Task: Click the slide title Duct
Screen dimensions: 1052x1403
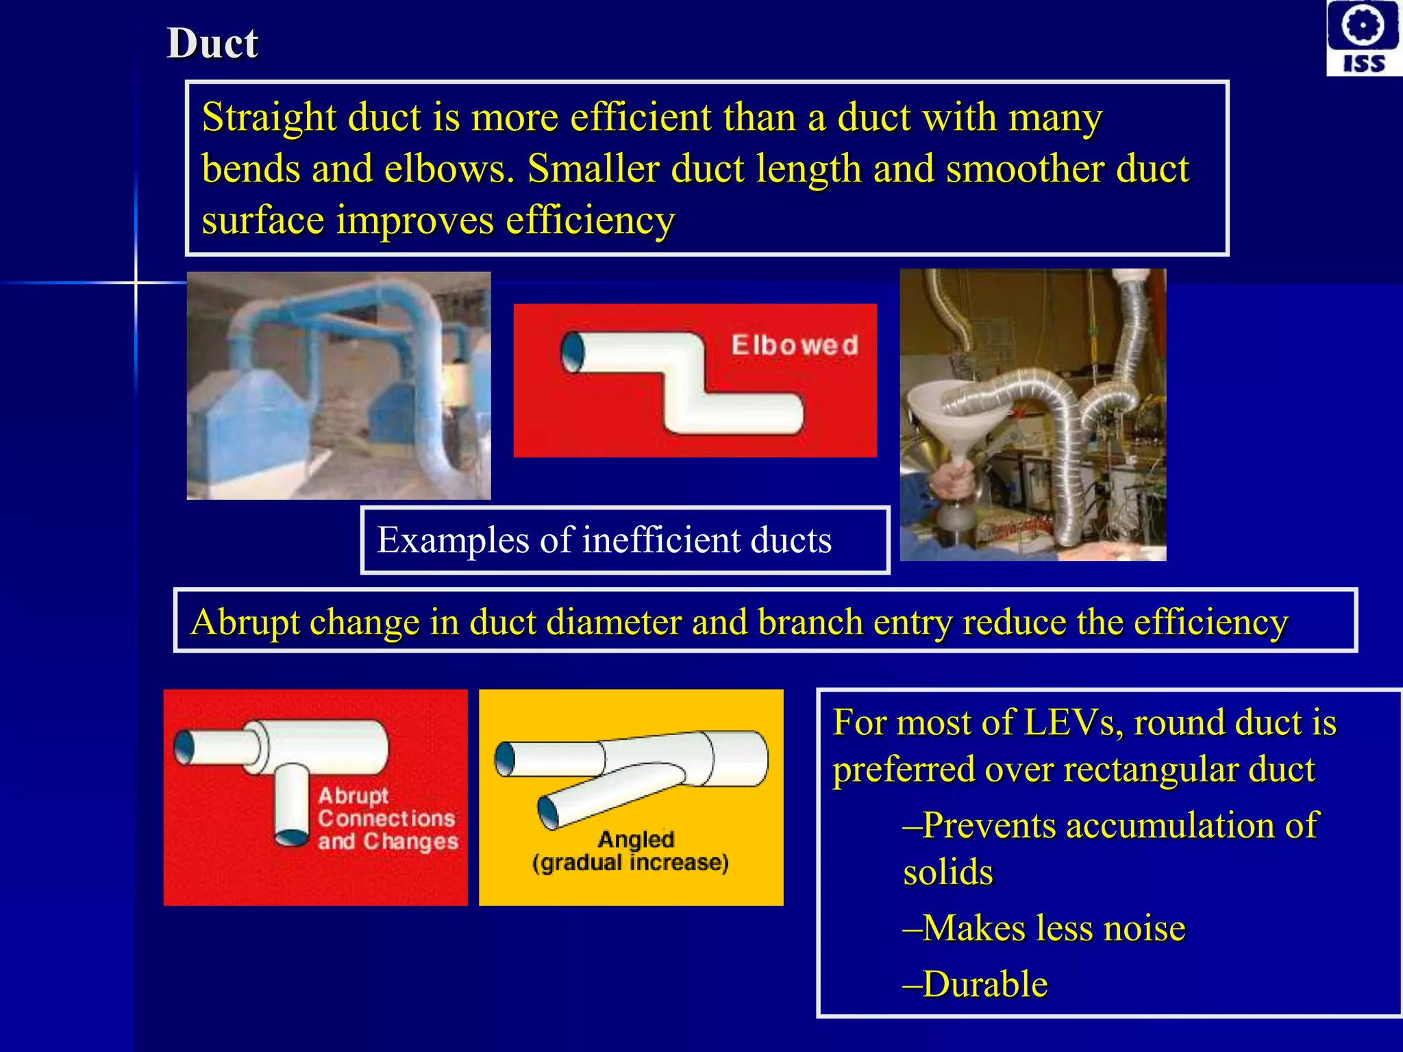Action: [x=212, y=44]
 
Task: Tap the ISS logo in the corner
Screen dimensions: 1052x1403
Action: [x=1363, y=38]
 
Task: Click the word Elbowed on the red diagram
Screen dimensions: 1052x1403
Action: [x=794, y=345]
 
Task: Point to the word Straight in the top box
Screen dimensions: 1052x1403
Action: [x=269, y=117]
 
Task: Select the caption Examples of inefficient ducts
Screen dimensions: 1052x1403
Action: [x=604, y=540]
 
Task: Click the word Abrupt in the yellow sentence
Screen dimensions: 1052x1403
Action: [x=245, y=623]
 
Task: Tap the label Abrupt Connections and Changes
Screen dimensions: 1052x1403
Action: [x=387, y=818]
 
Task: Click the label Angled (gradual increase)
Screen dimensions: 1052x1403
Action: [x=631, y=851]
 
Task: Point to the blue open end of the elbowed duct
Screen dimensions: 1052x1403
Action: [x=573, y=352]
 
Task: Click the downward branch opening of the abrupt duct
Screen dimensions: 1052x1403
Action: [x=292, y=837]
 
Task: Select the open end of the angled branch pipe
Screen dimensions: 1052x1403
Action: [x=548, y=812]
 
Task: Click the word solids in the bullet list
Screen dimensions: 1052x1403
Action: [x=948, y=873]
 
